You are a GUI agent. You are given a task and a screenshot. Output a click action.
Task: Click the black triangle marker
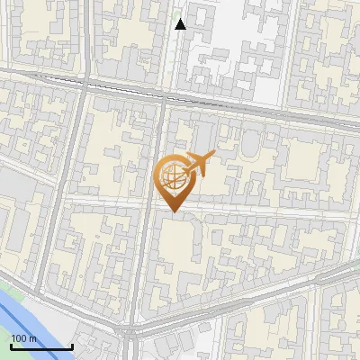pyautogui.click(x=181, y=24)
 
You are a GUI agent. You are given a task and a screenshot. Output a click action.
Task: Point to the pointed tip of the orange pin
pyautogui.click(x=171, y=211)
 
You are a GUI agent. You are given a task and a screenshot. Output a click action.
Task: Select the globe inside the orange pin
pyautogui.click(x=171, y=177)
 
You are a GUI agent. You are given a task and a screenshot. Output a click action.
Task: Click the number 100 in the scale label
pyautogui.click(x=19, y=338)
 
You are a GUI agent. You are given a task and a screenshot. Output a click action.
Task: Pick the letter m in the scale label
pyautogui.click(x=33, y=338)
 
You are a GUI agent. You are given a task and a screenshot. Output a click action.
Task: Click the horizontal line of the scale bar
pyautogui.click(x=41, y=347)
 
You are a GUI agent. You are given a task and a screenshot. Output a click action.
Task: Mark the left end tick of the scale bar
pyautogui.click(x=11, y=346)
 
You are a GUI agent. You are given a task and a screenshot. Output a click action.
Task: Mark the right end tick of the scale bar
pyautogui.click(x=72, y=346)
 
